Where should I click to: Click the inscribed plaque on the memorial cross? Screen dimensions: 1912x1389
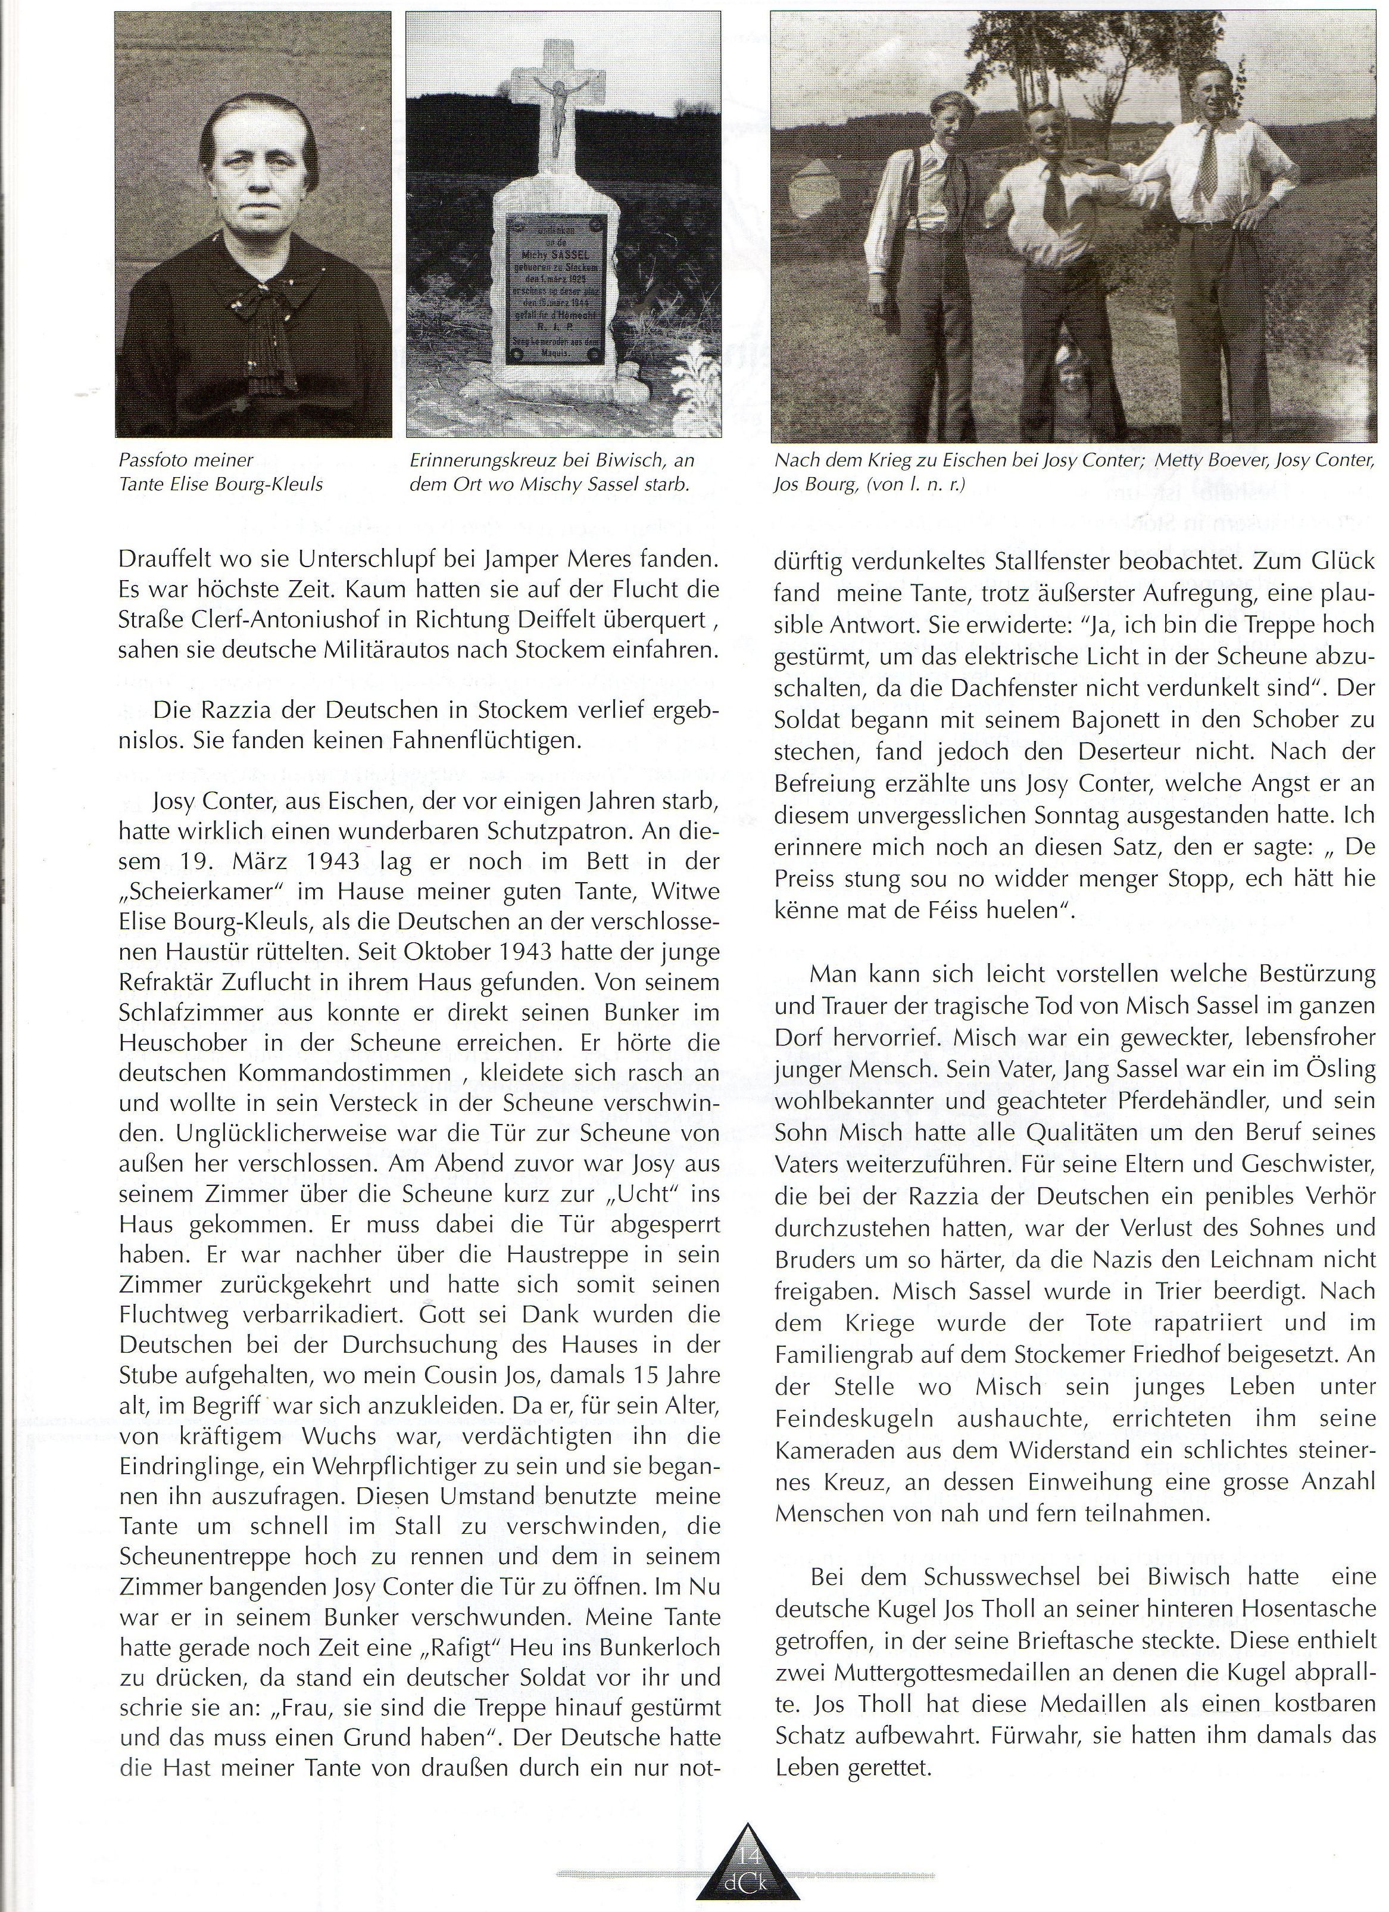556,288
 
